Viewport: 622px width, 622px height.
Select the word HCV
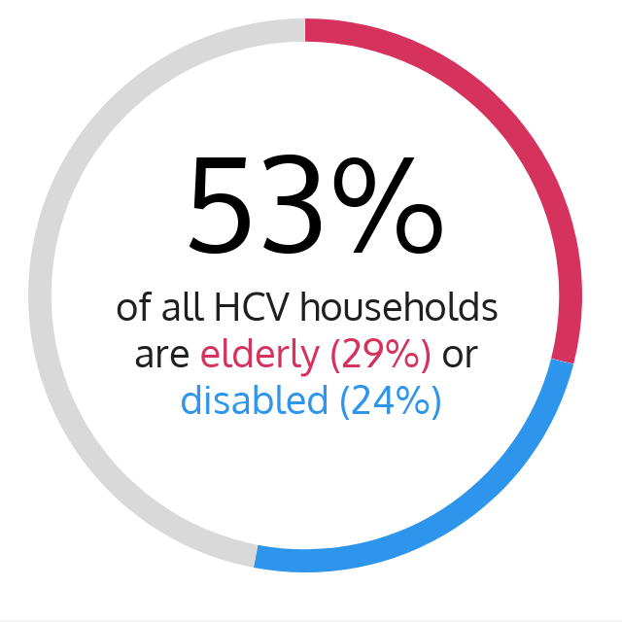251,307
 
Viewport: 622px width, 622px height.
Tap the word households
398,306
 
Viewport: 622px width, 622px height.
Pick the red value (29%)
380,355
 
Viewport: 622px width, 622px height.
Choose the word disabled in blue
255,399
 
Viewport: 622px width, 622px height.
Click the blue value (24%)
391,401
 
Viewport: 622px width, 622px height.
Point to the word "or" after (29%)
460,357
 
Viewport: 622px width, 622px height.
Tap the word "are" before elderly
162,357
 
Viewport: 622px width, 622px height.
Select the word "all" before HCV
183,306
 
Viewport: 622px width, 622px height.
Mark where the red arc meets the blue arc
562,361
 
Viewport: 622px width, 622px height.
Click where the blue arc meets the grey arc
256,556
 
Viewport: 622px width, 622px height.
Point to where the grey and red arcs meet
304,30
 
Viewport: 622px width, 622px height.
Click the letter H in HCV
225,307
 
